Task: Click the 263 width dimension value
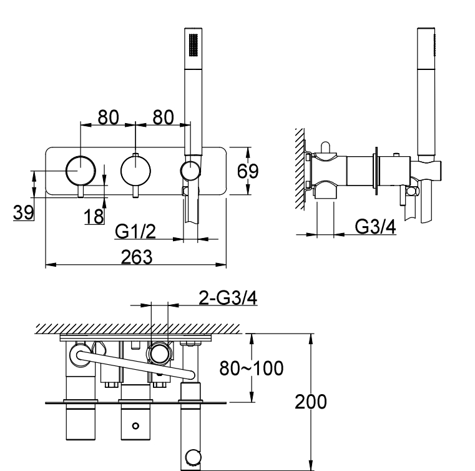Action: [137, 257]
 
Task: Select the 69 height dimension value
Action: [248, 171]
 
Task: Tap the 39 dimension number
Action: [23, 212]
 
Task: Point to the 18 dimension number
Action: [94, 216]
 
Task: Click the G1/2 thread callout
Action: [135, 232]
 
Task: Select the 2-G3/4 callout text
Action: [228, 297]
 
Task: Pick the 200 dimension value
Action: [311, 402]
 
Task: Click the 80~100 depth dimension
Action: [252, 369]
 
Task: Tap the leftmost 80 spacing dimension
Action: [108, 117]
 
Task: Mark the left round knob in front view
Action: [81, 171]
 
